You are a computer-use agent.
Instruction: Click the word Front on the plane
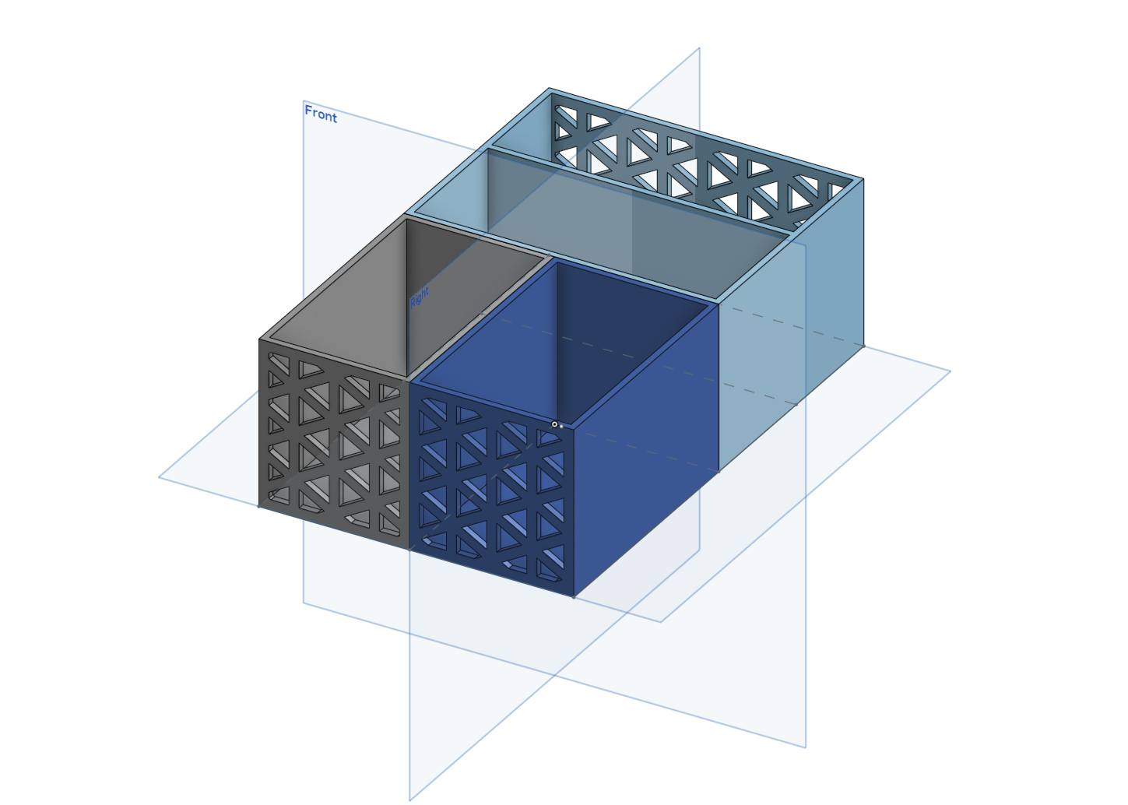(321, 114)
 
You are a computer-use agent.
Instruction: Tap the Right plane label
(420, 297)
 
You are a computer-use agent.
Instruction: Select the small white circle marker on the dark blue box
(554, 424)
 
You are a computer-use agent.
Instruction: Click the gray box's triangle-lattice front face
(334, 443)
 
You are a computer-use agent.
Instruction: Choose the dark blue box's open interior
(563, 343)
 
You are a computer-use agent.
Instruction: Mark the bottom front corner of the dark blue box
(574, 597)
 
